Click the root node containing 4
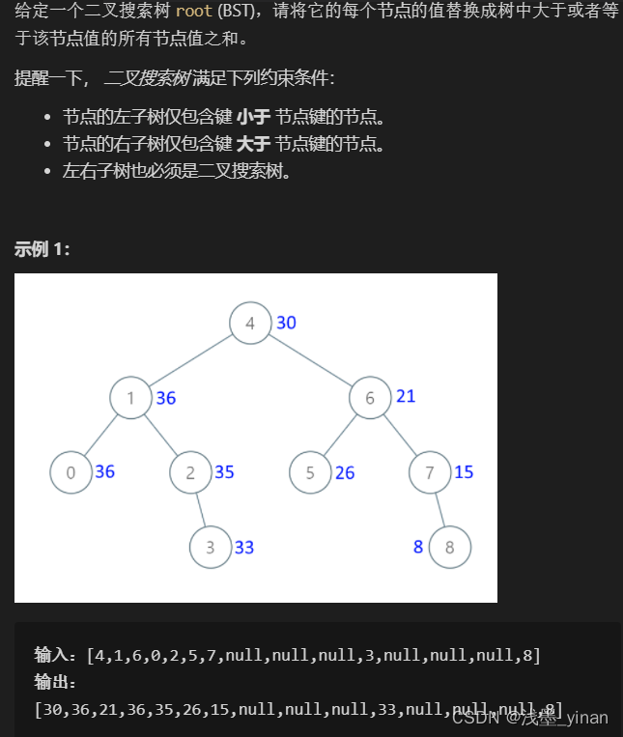pyautogui.click(x=250, y=323)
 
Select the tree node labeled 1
pyautogui.click(x=130, y=398)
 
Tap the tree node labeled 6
pyautogui.click(x=369, y=398)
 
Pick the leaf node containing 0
pyautogui.click(x=71, y=472)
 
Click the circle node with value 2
pyautogui.click(x=190, y=472)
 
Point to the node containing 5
pyautogui.click(x=310, y=472)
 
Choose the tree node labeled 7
pyautogui.click(x=429, y=472)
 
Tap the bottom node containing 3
pyautogui.click(x=210, y=547)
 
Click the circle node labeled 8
pyautogui.click(x=449, y=547)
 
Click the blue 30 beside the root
pyautogui.click(x=286, y=323)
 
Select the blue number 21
pyautogui.click(x=406, y=396)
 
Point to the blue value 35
pyautogui.click(x=224, y=472)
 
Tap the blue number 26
pyautogui.click(x=345, y=473)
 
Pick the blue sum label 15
pyautogui.click(x=464, y=471)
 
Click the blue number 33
pyautogui.click(x=244, y=547)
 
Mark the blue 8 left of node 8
pyautogui.click(x=418, y=547)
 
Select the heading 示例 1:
pyautogui.click(x=42, y=249)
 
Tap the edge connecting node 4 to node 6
pyautogui.click(x=309, y=359)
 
